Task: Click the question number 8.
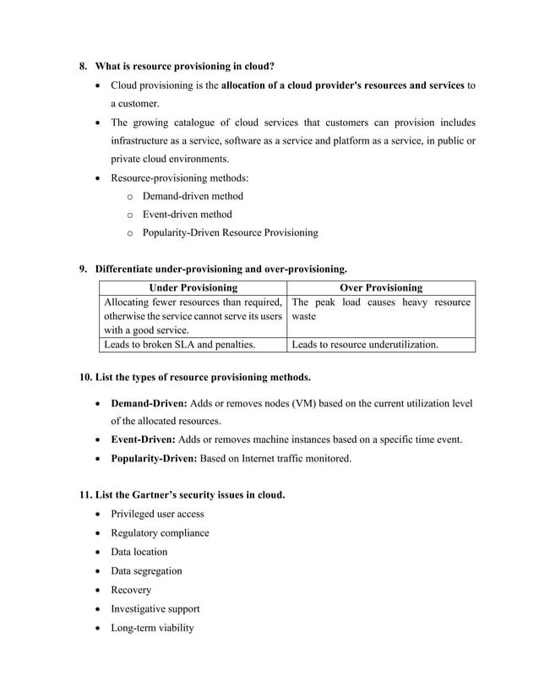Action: pyautogui.click(x=83, y=66)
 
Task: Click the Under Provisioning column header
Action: pyautogui.click(x=193, y=288)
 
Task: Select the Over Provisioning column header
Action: pyautogui.click(x=381, y=288)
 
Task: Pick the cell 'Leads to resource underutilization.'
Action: pyautogui.click(x=364, y=345)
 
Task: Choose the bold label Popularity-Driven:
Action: pyautogui.click(x=154, y=459)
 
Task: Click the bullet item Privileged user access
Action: pyautogui.click(x=157, y=514)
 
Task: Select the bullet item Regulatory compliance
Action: pyautogui.click(x=160, y=533)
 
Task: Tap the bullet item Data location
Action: pyautogui.click(x=139, y=552)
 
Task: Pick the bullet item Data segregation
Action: pyautogui.click(x=146, y=571)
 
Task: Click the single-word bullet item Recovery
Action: pyautogui.click(x=131, y=590)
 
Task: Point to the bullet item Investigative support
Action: pyautogui.click(x=155, y=609)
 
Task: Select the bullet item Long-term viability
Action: pyautogui.click(x=152, y=628)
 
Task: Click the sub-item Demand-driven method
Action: pyautogui.click(x=193, y=196)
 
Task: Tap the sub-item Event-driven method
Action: pyautogui.click(x=187, y=215)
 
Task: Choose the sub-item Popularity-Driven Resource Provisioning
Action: pyautogui.click(x=230, y=233)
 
